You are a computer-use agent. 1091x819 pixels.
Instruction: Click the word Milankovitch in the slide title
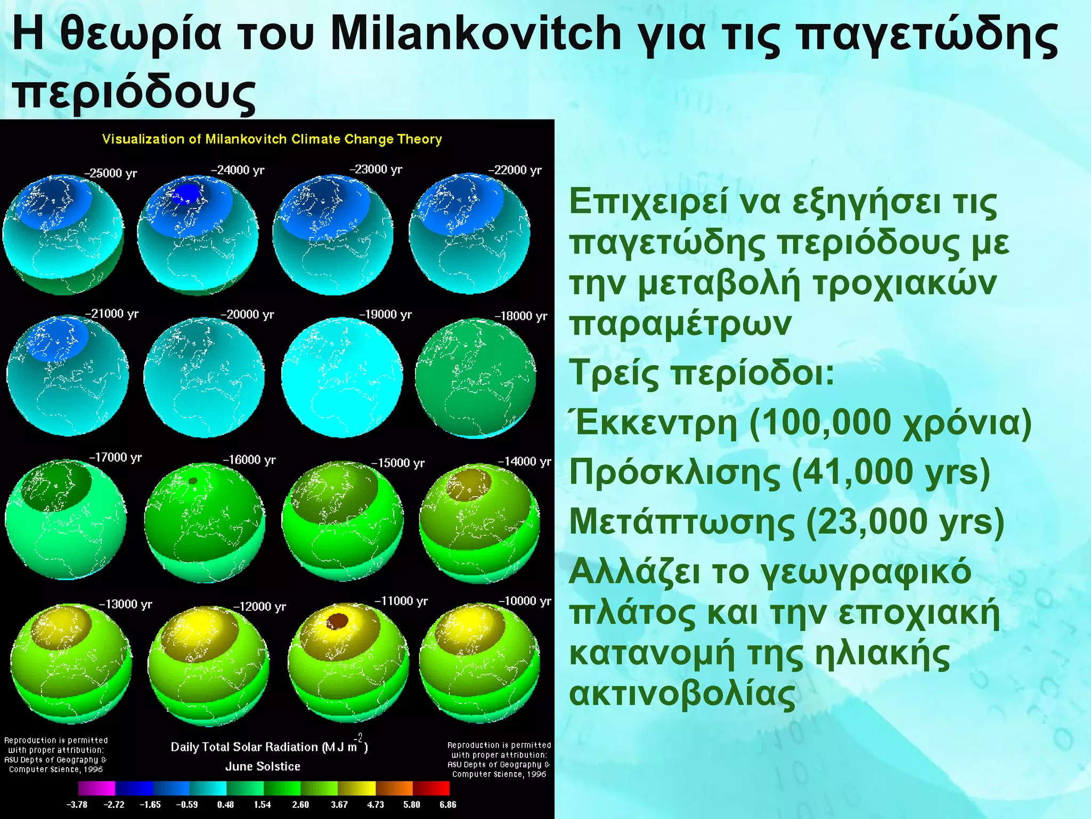(x=475, y=33)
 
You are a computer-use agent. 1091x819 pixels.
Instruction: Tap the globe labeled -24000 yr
(x=198, y=235)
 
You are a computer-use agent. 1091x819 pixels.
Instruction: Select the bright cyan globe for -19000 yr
(x=341, y=378)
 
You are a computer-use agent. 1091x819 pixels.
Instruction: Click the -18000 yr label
(x=520, y=316)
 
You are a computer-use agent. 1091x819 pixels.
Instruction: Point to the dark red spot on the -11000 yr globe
(x=337, y=621)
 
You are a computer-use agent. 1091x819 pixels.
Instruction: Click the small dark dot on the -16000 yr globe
(x=193, y=481)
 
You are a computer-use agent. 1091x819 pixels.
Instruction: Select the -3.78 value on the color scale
(x=77, y=805)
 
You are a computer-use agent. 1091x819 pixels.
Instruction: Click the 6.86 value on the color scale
(x=447, y=805)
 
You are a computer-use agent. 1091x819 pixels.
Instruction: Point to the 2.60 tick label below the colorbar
(x=300, y=805)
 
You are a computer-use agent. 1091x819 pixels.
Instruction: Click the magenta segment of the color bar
(x=96, y=788)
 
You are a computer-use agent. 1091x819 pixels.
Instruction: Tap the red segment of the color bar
(x=431, y=788)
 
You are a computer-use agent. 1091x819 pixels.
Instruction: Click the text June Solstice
(x=263, y=766)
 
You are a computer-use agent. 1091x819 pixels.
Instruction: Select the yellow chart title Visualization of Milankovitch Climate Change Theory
(x=272, y=139)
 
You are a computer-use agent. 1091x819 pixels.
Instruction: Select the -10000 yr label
(x=524, y=601)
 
